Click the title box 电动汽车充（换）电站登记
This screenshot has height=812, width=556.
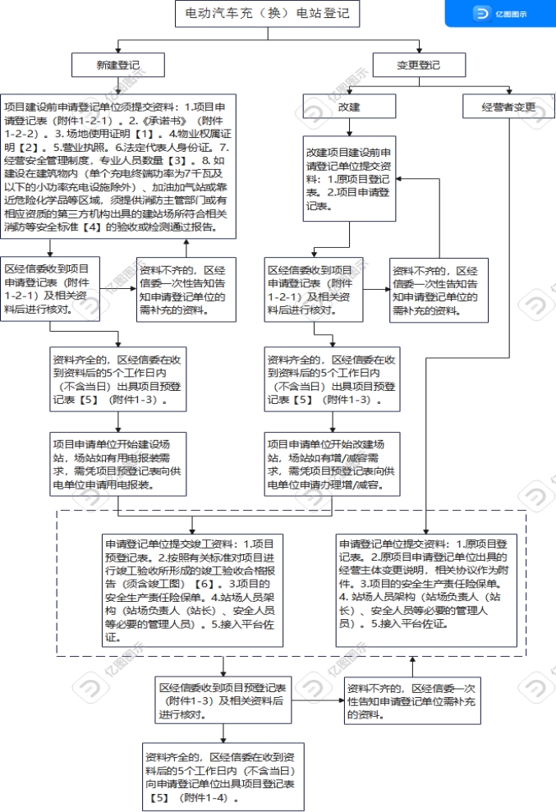[267, 14]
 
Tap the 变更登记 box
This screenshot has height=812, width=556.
[419, 65]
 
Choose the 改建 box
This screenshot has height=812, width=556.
[350, 107]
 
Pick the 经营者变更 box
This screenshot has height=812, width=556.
[509, 107]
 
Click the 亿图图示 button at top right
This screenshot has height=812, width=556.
[500, 14]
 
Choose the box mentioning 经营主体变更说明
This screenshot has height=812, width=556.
[426, 584]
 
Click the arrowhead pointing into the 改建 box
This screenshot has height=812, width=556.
[350, 90]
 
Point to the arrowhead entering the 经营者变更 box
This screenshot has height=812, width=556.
[509, 90]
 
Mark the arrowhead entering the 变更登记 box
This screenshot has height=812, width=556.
[419, 50]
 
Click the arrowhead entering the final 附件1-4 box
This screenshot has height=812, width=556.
[221, 736]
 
